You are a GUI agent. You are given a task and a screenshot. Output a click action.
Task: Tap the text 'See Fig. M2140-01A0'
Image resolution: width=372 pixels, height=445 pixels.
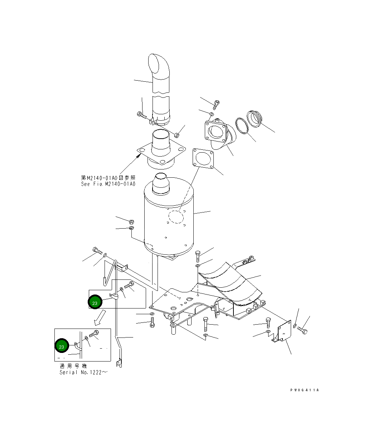(x=108, y=184)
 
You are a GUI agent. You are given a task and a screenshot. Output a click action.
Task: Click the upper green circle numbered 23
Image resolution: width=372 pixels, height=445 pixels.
(x=95, y=303)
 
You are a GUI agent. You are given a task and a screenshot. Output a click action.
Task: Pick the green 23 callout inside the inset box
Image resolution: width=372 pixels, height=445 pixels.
(x=62, y=346)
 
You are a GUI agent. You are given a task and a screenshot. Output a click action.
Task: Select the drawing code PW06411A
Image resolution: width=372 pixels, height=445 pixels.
(x=304, y=390)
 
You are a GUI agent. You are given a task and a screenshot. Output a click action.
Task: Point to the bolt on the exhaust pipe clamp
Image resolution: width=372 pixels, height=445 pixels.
(x=142, y=115)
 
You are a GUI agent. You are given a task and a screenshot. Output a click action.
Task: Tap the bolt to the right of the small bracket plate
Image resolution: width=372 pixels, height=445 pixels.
(x=302, y=330)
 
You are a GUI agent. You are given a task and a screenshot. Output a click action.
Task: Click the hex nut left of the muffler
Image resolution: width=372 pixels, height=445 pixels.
(x=131, y=221)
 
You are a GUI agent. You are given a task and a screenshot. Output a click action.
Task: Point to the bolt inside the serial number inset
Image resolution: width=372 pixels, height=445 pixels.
(x=94, y=334)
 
